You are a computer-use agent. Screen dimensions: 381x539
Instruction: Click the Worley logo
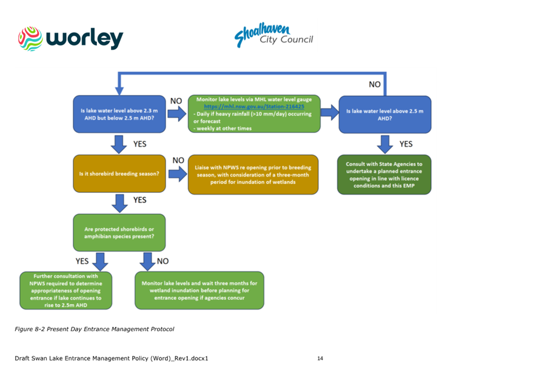click(70, 38)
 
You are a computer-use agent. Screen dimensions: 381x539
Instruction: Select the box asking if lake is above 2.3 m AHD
click(119, 114)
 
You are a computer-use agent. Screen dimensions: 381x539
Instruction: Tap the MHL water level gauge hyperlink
click(253, 106)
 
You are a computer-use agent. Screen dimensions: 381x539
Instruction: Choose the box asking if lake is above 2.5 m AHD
click(384, 114)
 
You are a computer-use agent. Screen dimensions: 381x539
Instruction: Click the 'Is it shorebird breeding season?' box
click(119, 174)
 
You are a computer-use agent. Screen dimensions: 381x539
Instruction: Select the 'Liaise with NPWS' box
click(253, 175)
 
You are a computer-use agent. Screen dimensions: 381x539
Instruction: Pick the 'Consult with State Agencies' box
click(384, 175)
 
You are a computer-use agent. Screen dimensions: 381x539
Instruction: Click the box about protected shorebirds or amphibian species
click(119, 232)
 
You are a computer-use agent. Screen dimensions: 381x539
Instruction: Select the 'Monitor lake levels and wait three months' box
click(199, 291)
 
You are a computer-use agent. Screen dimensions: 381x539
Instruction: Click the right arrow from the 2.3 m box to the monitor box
click(176, 114)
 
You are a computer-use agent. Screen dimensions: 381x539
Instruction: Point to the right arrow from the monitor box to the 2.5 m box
click(329, 112)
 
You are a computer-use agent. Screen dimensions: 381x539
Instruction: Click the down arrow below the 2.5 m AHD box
click(385, 144)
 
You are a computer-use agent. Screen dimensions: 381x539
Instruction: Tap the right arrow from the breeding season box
click(176, 175)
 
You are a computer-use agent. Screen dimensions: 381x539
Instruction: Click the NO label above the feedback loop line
click(375, 85)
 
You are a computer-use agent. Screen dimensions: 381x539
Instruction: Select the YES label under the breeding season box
click(139, 200)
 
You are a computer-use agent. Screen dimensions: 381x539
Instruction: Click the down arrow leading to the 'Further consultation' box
click(101, 261)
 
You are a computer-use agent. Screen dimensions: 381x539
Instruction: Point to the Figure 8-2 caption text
click(95, 329)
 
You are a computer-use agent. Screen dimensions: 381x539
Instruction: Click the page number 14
click(320, 359)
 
